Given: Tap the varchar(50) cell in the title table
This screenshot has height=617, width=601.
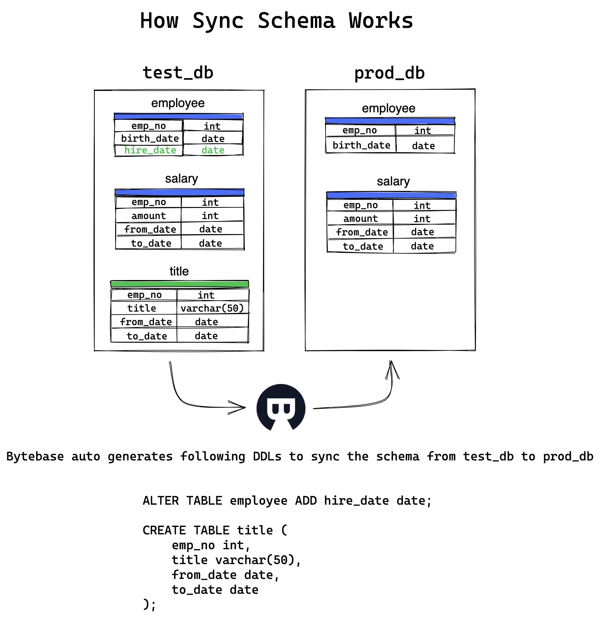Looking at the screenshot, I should pyautogui.click(x=212, y=308).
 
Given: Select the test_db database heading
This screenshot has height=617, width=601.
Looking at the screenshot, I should pyautogui.click(x=178, y=73).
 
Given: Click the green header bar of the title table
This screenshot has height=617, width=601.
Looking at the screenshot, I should pyautogui.click(x=179, y=284).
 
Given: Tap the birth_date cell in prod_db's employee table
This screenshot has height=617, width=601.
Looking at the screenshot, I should pyautogui.click(x=361, y=145).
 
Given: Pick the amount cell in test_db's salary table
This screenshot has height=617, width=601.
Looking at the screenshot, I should pyautogui.click(x=148, y=216).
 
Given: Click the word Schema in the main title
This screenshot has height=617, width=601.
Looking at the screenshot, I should pyautogui.click(x=296, y=21).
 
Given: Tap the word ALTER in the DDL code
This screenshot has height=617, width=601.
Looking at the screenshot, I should pyautogui.click(x=161, y=501).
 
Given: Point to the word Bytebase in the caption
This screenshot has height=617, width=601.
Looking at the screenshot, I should pyautogui.click(x=35, y=457).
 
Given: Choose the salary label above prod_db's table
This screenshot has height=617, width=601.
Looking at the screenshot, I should pyautogui.click(x=393, y=181).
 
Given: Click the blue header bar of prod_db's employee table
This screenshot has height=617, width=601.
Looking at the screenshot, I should pyautogui.click(x=390, y=121).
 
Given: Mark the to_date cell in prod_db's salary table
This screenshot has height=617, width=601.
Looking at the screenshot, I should pyautogui.click(x=363, y=247).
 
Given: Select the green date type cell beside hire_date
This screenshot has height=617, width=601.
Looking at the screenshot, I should pyautogui.click(x=213, y=150).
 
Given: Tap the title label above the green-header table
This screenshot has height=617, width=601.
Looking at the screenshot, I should pyautogui.click(x=179, y=271).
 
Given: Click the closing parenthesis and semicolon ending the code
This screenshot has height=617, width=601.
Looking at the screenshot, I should pyautogui.click(x=149, y=604).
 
